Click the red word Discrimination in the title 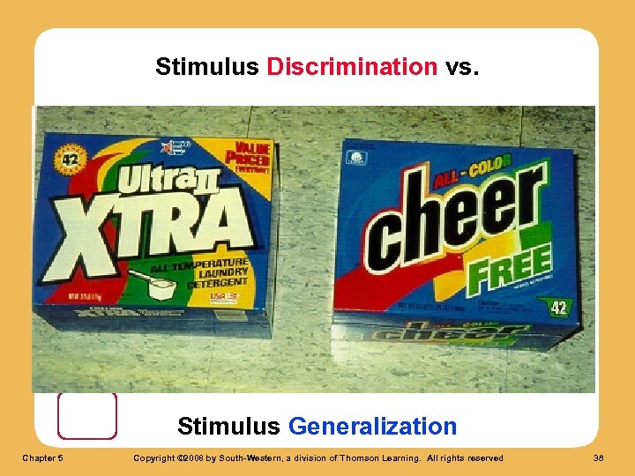tap(352, 67)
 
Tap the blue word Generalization tap(372, 427)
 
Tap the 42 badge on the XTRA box tap(67, 160)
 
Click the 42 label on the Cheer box tap(557, 308)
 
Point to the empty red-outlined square tap(87, 415)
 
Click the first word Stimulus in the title tap(206, 67)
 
